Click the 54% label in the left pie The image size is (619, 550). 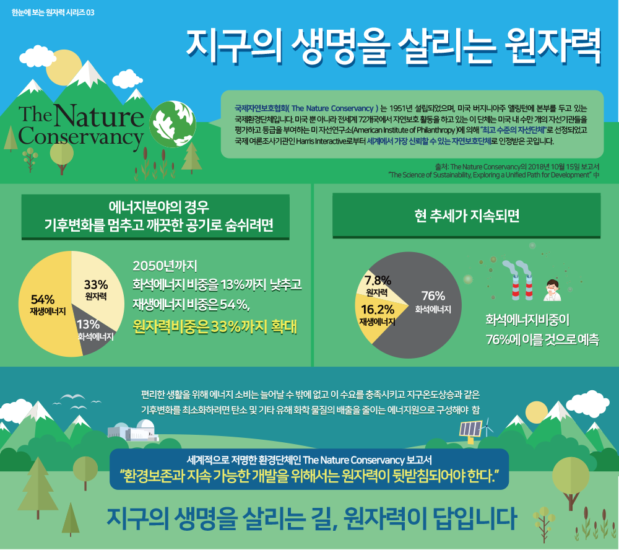(43, 300)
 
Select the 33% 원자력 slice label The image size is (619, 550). (96, 290)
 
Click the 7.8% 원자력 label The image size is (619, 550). (378, 286)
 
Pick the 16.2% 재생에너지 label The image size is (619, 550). (378, 315)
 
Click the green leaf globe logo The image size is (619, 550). (173, 124)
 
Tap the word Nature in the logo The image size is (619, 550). (99, 116)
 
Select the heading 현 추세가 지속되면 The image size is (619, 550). (467, 216)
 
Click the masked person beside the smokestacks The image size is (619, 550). (552, 290)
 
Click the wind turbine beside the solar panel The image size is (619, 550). (488, 427)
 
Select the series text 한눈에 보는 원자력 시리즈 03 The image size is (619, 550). (53, 12)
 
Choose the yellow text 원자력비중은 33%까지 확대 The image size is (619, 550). (215, 327)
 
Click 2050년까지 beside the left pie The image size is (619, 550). (165, 266)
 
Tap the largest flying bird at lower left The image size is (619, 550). (73, 396)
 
